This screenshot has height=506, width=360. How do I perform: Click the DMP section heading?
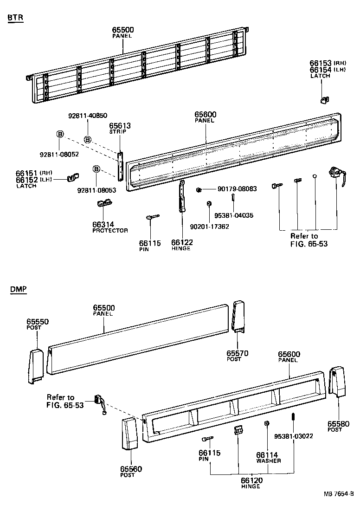18,290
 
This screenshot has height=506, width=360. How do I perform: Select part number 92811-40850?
88,116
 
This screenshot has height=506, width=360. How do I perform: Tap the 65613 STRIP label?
120,128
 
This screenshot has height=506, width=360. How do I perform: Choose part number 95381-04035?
234,215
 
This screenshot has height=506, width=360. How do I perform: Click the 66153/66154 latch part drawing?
325,99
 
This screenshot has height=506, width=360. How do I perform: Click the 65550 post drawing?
35,366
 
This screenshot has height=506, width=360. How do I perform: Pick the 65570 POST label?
237,356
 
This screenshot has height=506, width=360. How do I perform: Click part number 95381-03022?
293,436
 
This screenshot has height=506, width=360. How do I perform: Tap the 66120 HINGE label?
250,483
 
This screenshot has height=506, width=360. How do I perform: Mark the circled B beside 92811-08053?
96,169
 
